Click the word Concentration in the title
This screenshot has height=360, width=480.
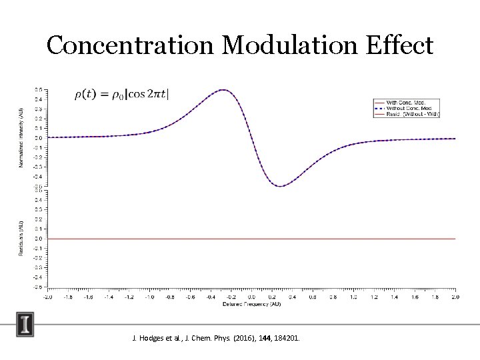point(131,45)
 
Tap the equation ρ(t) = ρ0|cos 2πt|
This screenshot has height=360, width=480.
point(121,94)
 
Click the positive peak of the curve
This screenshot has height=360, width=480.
point(223,90)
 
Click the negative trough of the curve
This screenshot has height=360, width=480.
point(281,186)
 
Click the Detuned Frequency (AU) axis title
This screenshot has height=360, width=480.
point(251,305)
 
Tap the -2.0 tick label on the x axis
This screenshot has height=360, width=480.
point(48,297)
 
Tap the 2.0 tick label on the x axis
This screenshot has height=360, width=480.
point(455,297)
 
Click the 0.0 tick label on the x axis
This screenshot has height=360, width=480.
point(251,297)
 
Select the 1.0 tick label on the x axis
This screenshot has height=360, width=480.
point(353,297)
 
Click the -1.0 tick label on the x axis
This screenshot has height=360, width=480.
point(149,297)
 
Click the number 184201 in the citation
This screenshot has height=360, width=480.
point(286,339)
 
